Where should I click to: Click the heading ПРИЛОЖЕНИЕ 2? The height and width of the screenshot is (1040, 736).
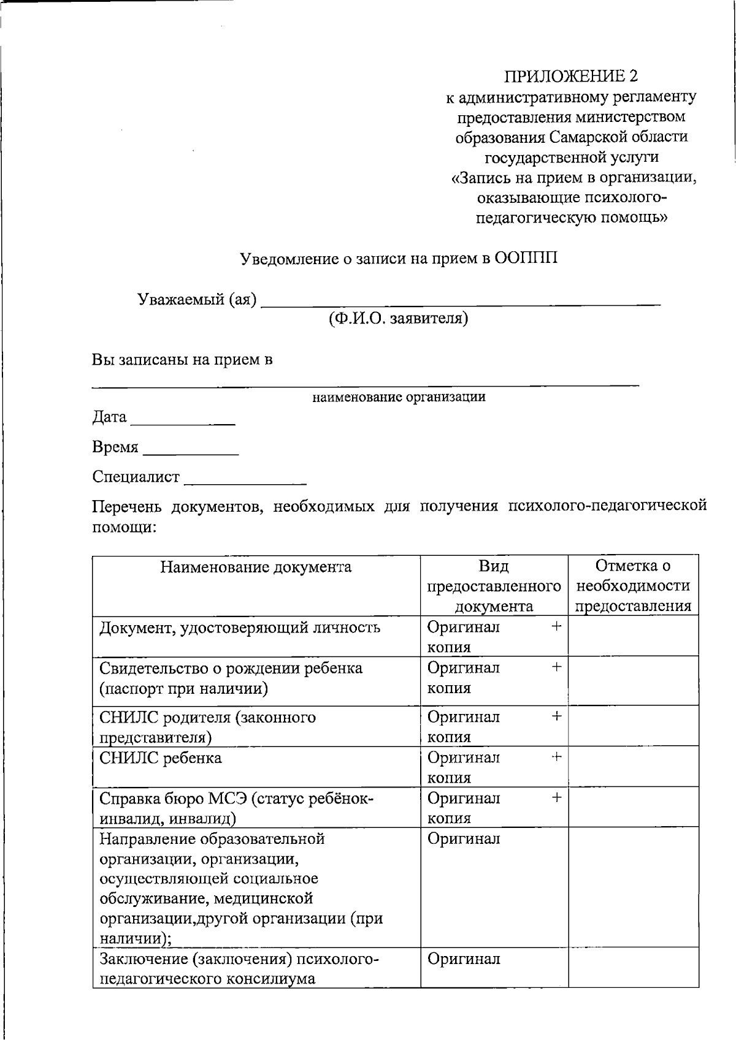coord(570,76)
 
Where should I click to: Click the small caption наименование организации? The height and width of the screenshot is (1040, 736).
coord(399,397)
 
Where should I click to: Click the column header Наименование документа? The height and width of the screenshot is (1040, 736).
coord(256,567)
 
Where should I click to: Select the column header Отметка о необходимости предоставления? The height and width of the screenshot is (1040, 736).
coord(633,586)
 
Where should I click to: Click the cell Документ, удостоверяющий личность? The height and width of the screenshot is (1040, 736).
coord(240,628)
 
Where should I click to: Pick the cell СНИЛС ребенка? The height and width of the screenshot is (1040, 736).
coord(161,758)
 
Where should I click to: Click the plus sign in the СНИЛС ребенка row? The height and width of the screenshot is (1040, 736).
coord(556,757)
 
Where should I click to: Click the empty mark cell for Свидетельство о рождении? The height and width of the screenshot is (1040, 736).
coord(633,680)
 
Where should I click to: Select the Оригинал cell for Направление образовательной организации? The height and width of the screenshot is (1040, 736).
coord(464,839)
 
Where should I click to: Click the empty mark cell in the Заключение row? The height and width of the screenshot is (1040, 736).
coord(633,967)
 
